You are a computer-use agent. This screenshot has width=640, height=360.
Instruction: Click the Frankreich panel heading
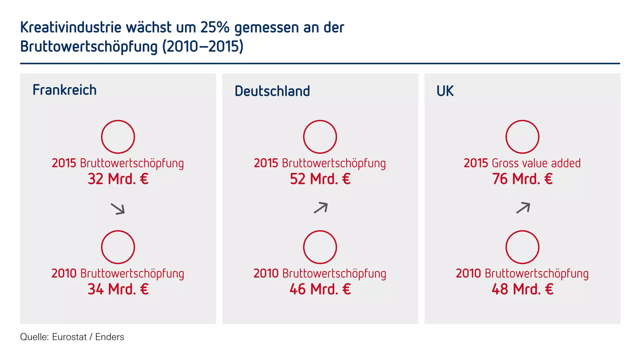(64, 90)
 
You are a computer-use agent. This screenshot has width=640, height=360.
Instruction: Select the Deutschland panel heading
(272, 91)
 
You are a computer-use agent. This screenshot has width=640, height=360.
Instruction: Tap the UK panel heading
(445, 91)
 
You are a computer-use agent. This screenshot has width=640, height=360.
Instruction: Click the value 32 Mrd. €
(118, 179)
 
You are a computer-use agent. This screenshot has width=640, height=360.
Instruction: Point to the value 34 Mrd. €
(118, 289)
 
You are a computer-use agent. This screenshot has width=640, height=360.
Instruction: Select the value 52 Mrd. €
(320, 179)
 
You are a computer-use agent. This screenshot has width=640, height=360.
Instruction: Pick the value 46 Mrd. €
(320, 289)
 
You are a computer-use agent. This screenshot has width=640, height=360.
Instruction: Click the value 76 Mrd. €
(522, 179)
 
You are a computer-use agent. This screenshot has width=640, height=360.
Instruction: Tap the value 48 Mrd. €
(522, 289)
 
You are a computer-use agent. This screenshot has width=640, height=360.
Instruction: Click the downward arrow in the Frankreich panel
(118, 209)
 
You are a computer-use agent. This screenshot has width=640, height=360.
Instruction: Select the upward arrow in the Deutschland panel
(321, 208)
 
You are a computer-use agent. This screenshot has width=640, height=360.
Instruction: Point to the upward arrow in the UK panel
(523, 208)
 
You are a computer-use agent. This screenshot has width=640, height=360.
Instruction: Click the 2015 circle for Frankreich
(118, 137)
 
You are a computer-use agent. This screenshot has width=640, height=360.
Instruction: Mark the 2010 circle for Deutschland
(320, 247)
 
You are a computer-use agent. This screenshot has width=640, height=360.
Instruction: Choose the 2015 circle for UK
(522, 137)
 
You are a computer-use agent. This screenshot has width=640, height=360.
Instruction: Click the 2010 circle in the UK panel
(522, 247)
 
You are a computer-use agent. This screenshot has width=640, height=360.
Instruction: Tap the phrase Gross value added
(536, 163)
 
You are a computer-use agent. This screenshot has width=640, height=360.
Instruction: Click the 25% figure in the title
(215, 27)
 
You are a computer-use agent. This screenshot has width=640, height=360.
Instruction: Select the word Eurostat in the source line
(69, 337)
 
